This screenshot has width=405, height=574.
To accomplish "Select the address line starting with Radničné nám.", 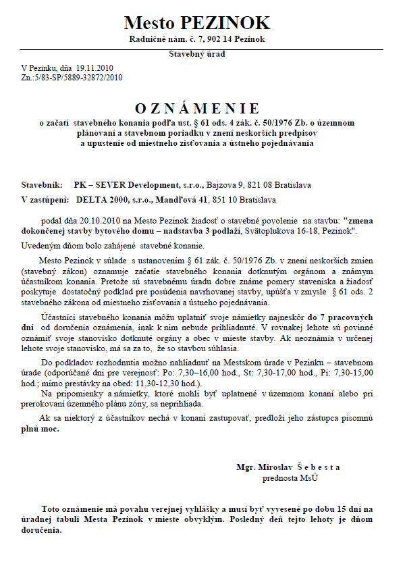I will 197,40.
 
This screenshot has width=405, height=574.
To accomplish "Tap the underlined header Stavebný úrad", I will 197,54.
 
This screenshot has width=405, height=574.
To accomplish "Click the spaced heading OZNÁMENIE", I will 197,108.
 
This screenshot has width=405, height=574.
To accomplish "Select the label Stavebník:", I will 43,184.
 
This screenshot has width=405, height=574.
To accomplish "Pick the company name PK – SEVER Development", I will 126,184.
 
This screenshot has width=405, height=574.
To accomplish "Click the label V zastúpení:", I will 45,199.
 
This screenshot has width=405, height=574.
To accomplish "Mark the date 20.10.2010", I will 103,221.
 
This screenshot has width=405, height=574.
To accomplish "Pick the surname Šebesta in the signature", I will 317,467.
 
